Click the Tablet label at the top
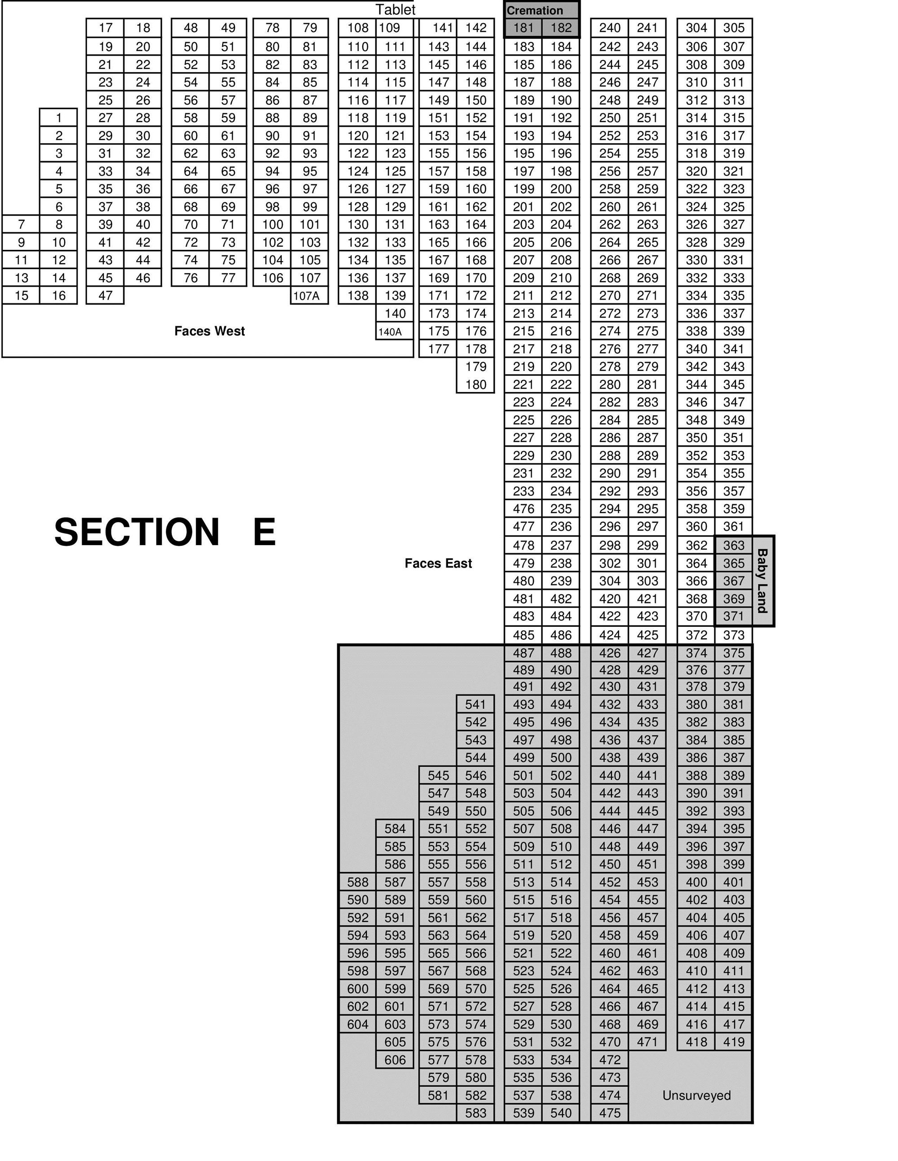395,9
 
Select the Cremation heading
535,11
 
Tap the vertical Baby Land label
762,580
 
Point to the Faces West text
210,331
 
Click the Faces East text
438,563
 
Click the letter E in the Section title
264,532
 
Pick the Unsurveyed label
696,1095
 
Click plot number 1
58,118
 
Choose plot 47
106,296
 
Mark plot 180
475,384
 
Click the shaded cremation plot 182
561,28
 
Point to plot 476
524,509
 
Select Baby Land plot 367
734,581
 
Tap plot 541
475,704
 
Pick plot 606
395,1060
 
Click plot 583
475,1113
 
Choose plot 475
610,1113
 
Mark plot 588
357,882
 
